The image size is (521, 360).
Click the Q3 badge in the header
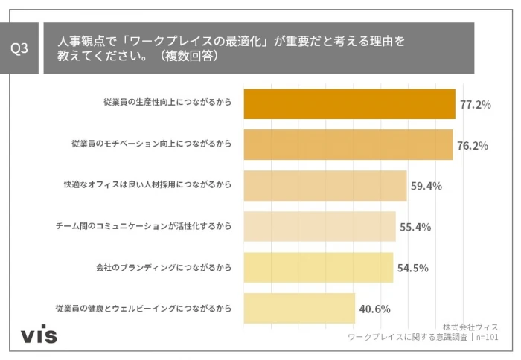point(20,48)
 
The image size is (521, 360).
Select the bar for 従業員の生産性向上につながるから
point(349,104)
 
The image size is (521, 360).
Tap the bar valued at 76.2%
point(348,145)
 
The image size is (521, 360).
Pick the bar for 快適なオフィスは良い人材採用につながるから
point(325,185)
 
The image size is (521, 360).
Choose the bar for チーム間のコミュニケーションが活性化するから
point(320,226)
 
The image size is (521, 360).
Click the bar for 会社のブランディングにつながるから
point(319,267)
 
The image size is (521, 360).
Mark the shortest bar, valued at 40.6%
point(299,308)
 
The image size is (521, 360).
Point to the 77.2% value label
point(475,105)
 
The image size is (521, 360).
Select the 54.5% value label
point(412,268)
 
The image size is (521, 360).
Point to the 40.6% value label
point(375,309)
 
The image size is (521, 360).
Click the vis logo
point(39,335)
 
